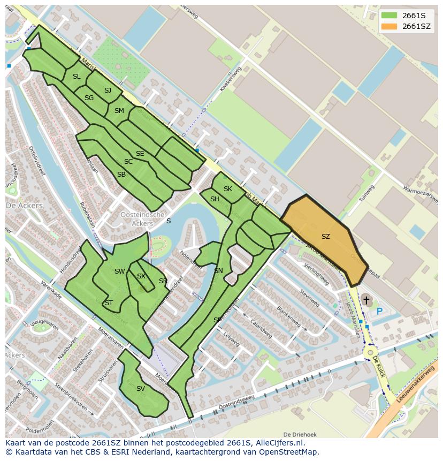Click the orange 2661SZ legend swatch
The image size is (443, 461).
(389, 26)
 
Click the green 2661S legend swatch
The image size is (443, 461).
(389, 15)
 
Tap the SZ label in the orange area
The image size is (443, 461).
(325, 236)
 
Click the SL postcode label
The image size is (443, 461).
(77, 77)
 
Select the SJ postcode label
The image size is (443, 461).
(108, 90)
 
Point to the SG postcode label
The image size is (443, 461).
(89, 97)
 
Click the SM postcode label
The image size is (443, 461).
(119, 111)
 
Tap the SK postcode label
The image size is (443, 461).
(228, 188)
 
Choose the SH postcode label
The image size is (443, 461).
(215, 199)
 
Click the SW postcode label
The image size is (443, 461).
(119, 271)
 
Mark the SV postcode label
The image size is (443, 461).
(140, 389)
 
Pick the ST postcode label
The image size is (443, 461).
(109, 303)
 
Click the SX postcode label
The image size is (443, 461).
(141, 276)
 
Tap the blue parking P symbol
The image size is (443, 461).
(379, 311)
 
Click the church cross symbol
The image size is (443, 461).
(366, 300)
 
